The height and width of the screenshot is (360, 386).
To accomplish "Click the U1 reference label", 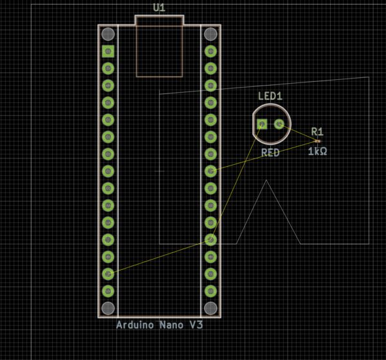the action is coord(159,8).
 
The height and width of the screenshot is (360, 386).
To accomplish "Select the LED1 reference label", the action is coord(270,96).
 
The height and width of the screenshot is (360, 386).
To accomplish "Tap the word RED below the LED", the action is coord(270,153).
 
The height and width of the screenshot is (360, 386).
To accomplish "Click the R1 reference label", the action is coord(317,131).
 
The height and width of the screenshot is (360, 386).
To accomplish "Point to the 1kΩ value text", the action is coord(318,151).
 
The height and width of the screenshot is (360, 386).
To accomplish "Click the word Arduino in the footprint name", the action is coord(135,325).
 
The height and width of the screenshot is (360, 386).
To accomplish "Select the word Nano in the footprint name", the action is coord(171,325).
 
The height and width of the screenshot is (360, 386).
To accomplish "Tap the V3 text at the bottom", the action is coord(196,325).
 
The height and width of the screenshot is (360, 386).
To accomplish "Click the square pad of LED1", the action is coord(262,124).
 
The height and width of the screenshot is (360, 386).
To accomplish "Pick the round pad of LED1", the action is coord(279,124).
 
